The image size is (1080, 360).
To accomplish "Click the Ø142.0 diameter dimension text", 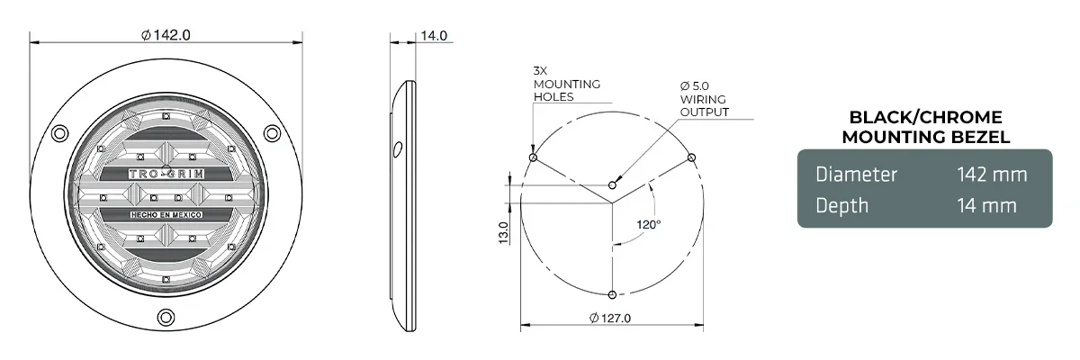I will click(166, 35).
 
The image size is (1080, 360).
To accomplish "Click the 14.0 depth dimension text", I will click(434, 35).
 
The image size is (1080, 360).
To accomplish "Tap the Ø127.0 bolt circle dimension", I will click(610, 318).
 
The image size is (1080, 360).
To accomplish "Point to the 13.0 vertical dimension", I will click(504, 231).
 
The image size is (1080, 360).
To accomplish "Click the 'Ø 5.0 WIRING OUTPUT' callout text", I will click(704, 99).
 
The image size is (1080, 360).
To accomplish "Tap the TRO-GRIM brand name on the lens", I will click(165, 175).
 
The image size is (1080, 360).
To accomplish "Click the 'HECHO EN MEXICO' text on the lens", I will click(165, 217).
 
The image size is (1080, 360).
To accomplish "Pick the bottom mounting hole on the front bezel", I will click(166, 317).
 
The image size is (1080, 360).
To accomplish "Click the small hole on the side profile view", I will click(395, 148).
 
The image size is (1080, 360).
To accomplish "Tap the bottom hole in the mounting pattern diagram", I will click(613, 294).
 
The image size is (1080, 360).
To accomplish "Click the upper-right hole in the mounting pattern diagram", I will click(691, 158).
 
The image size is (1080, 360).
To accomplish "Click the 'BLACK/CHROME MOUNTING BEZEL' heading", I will click(925, 128).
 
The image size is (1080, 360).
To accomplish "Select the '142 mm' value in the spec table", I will click(993, 175).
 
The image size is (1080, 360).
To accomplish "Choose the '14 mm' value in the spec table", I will click(987, 205).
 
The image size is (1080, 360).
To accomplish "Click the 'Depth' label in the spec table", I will click(841, 205).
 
